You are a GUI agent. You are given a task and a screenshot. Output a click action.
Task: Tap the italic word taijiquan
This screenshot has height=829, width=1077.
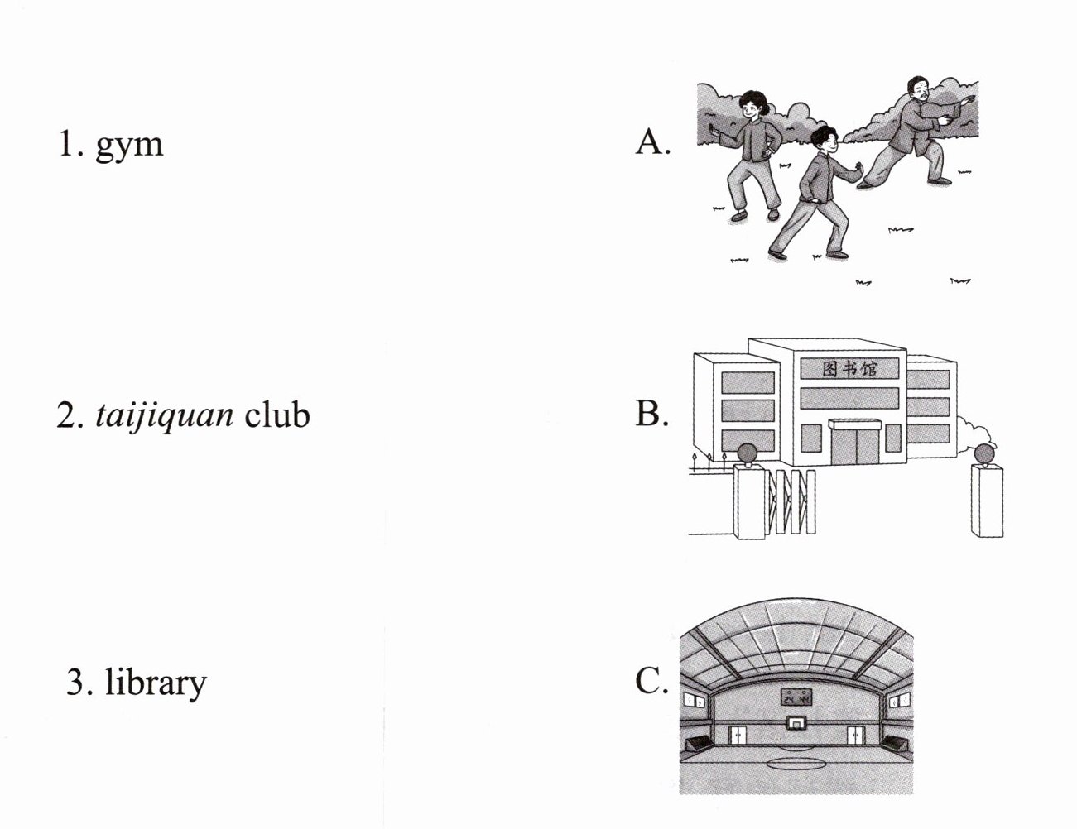point(164,414)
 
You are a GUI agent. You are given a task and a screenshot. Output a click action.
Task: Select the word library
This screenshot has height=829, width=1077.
point(156,683)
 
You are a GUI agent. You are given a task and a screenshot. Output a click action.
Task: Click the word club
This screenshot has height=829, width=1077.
point(276,413)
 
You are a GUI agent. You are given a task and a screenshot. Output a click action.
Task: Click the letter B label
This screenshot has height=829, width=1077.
point(650,413)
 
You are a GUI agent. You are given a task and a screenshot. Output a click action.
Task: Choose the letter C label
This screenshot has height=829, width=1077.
point(650,682)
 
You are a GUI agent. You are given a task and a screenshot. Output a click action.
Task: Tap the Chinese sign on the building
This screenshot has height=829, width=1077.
point(850,368)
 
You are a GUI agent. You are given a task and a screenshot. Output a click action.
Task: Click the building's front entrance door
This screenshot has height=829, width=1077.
point(856,445)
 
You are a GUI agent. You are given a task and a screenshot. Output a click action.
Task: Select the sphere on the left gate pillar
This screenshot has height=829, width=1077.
point(747,453)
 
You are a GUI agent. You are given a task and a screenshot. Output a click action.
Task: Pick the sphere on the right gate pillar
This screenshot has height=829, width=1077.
point(984,454)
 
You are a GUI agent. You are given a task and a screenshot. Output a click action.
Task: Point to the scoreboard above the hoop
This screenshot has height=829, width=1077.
point(796,697)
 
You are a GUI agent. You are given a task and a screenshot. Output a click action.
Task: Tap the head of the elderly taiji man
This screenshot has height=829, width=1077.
point(916,89)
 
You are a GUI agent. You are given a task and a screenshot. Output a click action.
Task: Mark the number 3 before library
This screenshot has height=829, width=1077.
point(75,683)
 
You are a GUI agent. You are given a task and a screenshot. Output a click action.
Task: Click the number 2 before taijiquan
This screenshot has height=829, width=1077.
point(66,414)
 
